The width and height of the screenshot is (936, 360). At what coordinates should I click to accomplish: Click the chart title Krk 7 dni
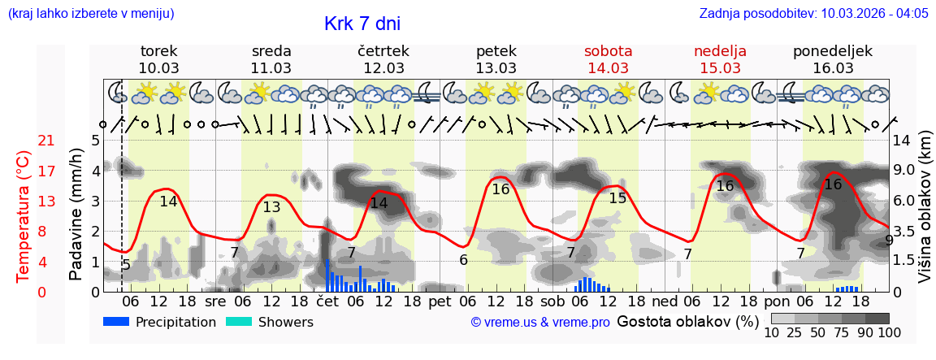pyautogui.click(x=362, y=24)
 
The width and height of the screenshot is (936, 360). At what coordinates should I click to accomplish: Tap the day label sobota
pyautogui.click(x=608, y=51)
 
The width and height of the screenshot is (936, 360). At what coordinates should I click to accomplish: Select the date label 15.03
pyautogui.click(x=720, y=68)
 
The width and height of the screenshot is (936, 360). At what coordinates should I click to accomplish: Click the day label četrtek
pyautogui.click(x=383, y=51)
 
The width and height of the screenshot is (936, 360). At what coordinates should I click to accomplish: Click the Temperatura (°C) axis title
pyautogui.click(x=24, y=216)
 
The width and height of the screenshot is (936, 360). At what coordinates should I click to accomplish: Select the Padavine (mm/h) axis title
pyautogui.click(x=76, y=215)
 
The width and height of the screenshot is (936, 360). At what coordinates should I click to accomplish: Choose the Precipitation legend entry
pyautogui.click(x=160, y=322)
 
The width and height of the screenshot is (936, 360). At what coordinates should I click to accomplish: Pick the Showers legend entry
pyautogui.click(x=269, y=322)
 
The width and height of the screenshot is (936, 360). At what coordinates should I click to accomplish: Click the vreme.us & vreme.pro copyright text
pyautogui.click(x=540, y=323)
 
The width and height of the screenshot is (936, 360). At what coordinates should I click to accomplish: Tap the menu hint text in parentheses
pyautogui.click(x=91, y=13)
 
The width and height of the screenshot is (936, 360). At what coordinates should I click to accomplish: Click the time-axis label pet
pyautogui.click(x=440, y=301)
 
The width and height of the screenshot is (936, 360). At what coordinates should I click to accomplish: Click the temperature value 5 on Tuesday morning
pyautogui.click(x=126, y=264)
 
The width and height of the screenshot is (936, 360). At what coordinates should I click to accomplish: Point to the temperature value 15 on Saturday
pyautogui.click(x=617, y=197)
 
